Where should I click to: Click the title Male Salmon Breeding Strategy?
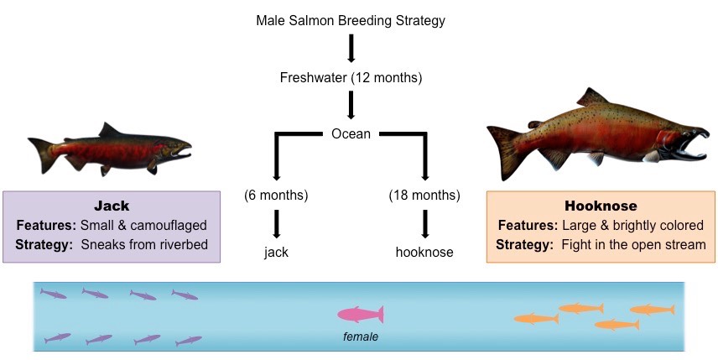pos(351,19)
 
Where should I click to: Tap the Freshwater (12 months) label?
pos(351,78)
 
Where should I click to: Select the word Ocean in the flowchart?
pos(351,133)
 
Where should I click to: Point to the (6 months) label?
pos(277,196)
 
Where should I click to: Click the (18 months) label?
pos(424,196)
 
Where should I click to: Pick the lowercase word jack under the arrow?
pos(277,251)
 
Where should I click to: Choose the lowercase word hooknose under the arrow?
pos(424,251)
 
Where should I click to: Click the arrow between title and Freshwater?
pos(351,49)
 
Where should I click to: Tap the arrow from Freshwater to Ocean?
pos(351,105)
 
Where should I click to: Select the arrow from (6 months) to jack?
pos(277,223)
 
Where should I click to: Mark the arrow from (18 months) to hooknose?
pos(425,223)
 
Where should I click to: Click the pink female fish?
pos(361,315)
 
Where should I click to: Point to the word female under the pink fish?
pos(361,337)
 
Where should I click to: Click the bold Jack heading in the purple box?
pos(112,206)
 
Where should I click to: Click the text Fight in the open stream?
pos(632,244)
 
